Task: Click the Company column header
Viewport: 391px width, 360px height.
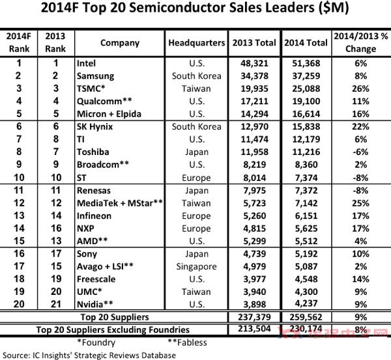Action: tap(120, 43)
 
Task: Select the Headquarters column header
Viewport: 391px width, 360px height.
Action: tap(197, 43)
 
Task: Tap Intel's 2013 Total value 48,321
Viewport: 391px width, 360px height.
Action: tap(254, 64)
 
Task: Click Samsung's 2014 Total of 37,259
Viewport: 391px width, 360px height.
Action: tap(306, 76)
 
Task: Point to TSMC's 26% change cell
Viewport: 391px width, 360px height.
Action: tap(360, 89)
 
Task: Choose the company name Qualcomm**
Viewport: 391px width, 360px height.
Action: tap(104, 101)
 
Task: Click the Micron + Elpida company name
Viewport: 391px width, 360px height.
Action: tap(109, 114)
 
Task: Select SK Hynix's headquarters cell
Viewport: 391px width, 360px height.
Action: tap(197, 126)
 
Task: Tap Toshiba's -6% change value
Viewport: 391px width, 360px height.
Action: tap(360, 152)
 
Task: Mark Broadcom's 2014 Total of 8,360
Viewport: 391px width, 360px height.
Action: tap(306, 165)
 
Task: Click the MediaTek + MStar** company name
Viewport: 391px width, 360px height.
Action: tap(120, 203)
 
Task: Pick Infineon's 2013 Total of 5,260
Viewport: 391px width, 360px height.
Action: tap(254, 215)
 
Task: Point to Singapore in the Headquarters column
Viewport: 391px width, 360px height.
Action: tap(197, 266)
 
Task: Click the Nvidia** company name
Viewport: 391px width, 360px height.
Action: tap(94, 304)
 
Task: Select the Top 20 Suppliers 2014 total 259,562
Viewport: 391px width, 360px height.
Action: tap(306, 317)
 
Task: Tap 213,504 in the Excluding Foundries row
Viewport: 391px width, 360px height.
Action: tap(254, 329)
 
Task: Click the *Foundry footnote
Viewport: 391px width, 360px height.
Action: tap(96, 342)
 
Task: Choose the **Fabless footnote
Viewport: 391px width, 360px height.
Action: tap(187, 342)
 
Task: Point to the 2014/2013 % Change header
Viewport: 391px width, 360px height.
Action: tap(361, 42)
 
